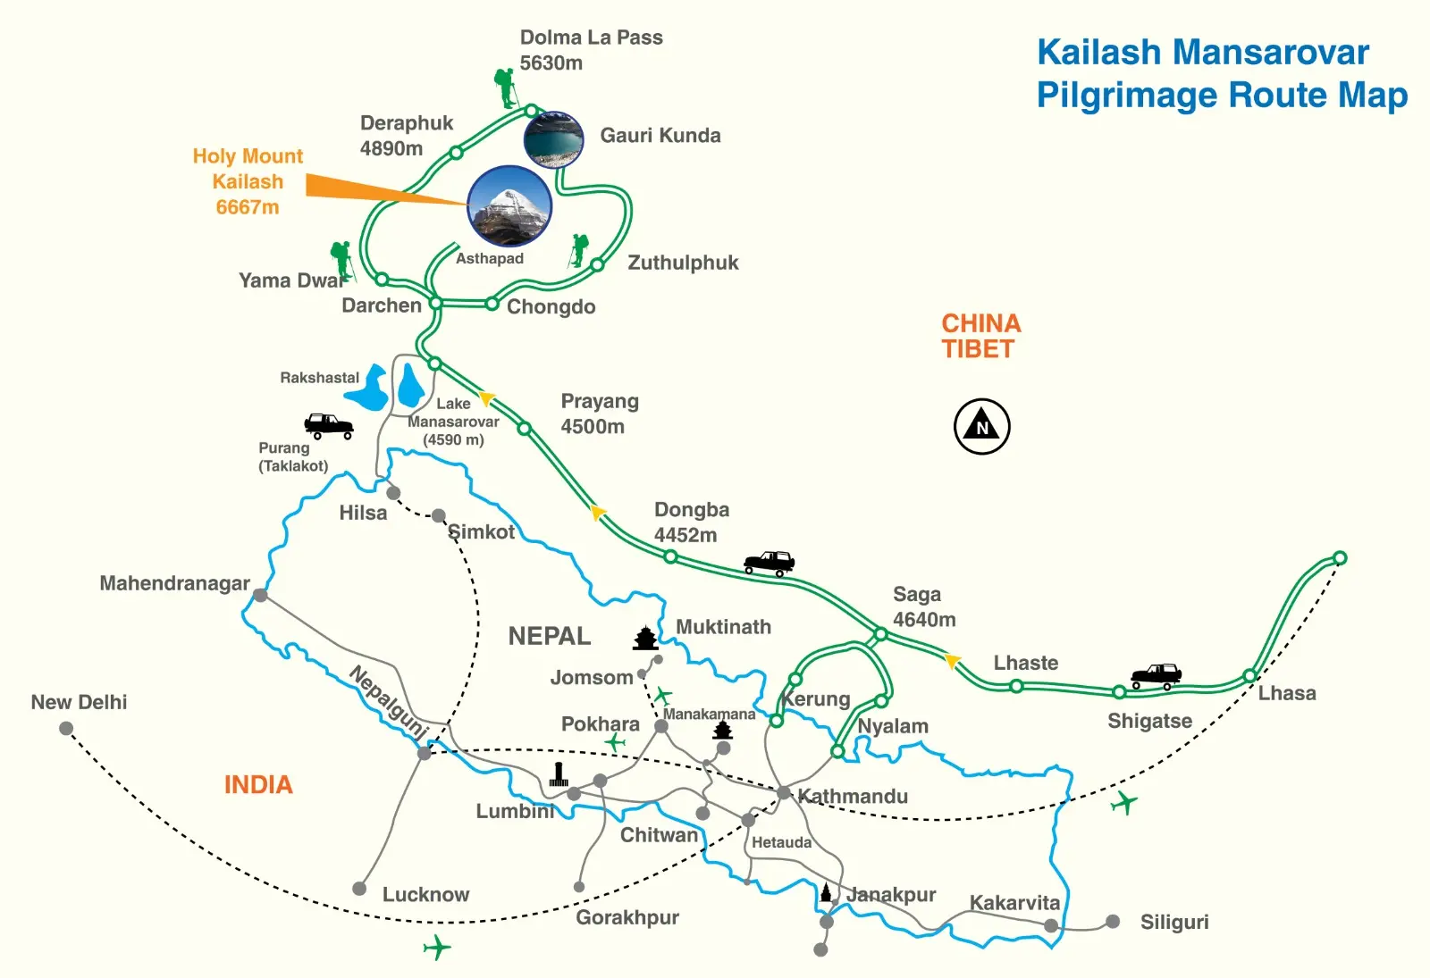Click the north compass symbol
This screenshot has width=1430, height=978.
pos(981,426)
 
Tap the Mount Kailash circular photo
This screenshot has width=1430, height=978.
pos(509,205)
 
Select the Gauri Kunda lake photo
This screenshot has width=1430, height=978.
pos(553,139)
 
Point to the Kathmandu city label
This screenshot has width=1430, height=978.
pos(853,796)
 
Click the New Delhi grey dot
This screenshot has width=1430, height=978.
pos(66,728)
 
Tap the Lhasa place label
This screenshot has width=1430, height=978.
pos(1286,692)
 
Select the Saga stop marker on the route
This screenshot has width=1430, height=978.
pos(880,634)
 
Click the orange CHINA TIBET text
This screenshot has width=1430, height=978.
pos(980,336)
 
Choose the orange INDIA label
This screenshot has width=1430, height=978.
pos(258,784)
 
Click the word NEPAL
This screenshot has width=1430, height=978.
pos(549,636)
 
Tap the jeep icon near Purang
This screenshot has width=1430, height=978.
pos(329,425)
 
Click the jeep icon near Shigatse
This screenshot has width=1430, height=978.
pos(1156,676)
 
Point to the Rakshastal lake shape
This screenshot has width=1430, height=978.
pos(368,388)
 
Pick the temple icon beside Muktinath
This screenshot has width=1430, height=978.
pos(645,638)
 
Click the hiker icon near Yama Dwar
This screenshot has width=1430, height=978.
pos(341,260)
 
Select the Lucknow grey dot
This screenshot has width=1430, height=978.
pos(359,889)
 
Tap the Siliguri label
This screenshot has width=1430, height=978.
pos(1173,922)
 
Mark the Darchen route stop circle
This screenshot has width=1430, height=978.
pos(435,304)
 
